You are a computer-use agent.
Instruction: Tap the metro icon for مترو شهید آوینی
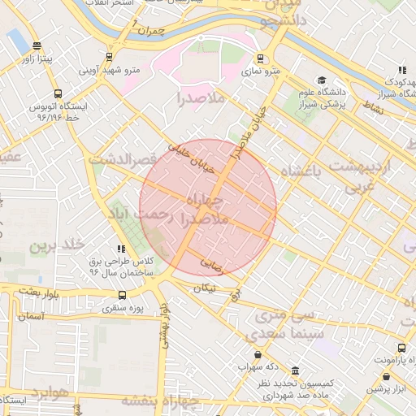(x=109, y=57)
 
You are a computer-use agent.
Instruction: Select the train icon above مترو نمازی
(x=259, y=58)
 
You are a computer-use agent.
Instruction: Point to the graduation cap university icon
(x=322, y=80)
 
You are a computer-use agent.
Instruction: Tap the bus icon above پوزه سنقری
(x=122, y=295)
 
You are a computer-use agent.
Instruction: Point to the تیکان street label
(x=206, y=288)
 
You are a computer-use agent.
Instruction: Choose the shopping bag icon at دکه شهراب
(x=258, y=354)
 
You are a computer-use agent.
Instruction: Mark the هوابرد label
(x=49, y=393)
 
